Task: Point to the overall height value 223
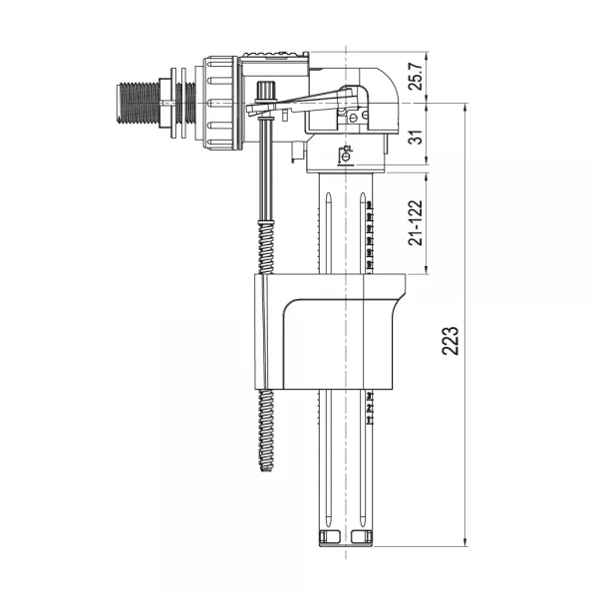click(450, 343)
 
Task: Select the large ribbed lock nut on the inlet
click(220, 103)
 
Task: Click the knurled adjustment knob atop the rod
click(266, 92)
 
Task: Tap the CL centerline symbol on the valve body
click(346, 152)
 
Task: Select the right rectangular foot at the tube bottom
click(363, 538)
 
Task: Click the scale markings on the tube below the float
click(370, 409)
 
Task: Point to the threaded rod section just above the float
click(265, 249)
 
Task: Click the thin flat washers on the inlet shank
click(181, 102)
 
